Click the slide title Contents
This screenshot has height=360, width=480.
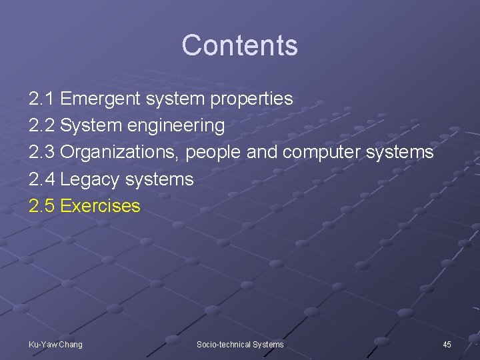pyautogui.click(x=239, y=45)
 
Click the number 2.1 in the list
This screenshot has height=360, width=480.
pyautogui.click(x=42, y=99)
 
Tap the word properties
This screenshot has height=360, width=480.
pyautogui.click(x=251, y=99)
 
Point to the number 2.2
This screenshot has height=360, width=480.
pyautogui.click(x=42, y=125)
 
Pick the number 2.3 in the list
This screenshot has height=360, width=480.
pyautogui.click(x=42, y=152)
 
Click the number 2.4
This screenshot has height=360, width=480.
pyautogui.click(x=42, y=179)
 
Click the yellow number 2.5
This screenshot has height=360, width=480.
pyautogui.click(x=42, y=206)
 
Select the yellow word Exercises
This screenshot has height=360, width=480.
pyautogui.click(x=100, y=206)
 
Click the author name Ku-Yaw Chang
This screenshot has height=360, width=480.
pyautogui.click(x=55, y=344)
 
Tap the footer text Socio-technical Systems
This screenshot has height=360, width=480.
pyautogui.click(x=240, y=344)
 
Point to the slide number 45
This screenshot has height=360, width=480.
pyautogui.click(x=447, y=344)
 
